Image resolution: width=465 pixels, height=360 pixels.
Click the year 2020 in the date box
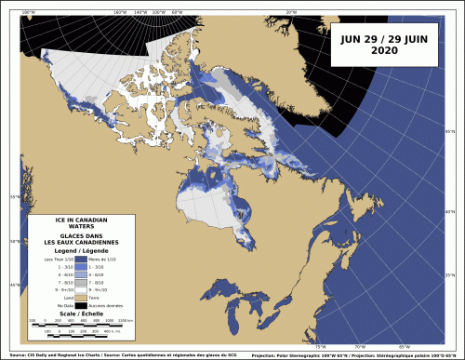point(382,51)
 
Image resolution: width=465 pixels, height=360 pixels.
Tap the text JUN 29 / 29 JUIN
point(382,39)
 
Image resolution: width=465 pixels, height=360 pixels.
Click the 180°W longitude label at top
point(118,12)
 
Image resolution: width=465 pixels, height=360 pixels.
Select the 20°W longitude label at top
point(290,12)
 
